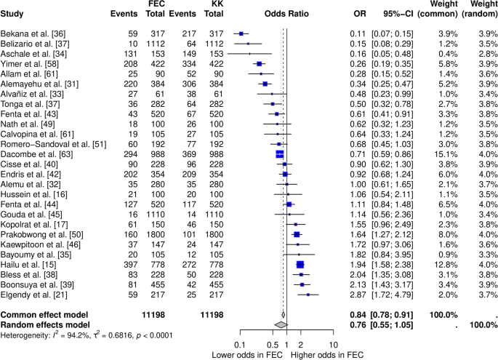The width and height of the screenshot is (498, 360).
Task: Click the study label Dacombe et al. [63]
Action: click(37, 154)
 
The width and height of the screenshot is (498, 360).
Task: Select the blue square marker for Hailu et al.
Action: click(300, 265)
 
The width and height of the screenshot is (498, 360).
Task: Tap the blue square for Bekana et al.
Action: click(241, 33)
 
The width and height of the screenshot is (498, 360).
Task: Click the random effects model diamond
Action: click(281, 325)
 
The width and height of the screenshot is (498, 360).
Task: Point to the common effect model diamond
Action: click(284, 315)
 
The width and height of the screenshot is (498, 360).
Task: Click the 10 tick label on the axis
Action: click(333, 345)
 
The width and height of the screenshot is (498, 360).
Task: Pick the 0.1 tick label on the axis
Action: click(240, 345)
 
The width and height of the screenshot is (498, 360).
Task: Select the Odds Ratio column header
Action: click(286, 14)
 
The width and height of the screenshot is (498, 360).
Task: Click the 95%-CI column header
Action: click(398, 14)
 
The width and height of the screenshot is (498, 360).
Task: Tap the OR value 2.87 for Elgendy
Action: click(358, 295)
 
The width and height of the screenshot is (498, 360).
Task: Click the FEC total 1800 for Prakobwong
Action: click(156, 234)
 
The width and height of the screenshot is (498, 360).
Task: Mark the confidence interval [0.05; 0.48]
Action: click(393, 54)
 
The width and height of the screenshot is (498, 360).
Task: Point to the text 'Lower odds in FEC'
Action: click(247, 355)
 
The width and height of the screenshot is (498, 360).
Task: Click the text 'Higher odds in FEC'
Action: click(327, 355)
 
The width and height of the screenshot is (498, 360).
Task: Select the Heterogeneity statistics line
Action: click(87, 335)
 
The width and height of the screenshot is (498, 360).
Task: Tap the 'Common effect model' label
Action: click(44, 315)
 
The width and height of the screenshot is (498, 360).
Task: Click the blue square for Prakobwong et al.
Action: click(297, 234)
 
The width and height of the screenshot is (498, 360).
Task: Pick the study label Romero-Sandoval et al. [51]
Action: click(53, 144)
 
